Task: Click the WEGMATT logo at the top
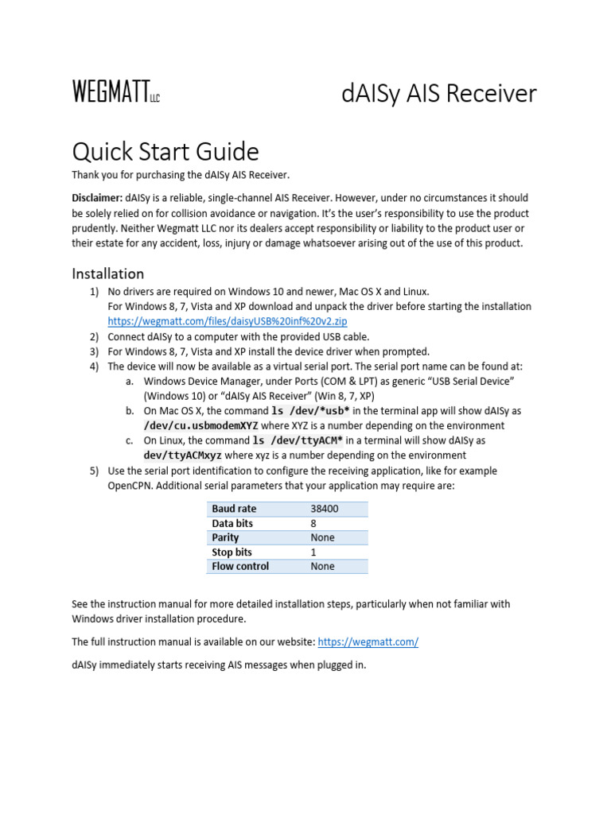[x=116, y=92]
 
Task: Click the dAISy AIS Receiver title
[x=439, y=93]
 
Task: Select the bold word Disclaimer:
[x=97, y=197]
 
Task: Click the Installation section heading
[x=108, y=273]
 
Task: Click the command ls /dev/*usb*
[x=310, y=411]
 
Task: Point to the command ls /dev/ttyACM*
[x=298, y=440]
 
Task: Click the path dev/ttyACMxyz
[x=182, y=455]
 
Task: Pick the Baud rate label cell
[x=234, y=508]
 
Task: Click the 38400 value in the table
[x=325, y=508]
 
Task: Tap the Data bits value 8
[x=313, y=523]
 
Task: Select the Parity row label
[x=225, y=537]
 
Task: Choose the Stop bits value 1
[x=313, y=552]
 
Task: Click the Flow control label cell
[x=239, y=566]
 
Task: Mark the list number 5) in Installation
[x=94, y=471]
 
